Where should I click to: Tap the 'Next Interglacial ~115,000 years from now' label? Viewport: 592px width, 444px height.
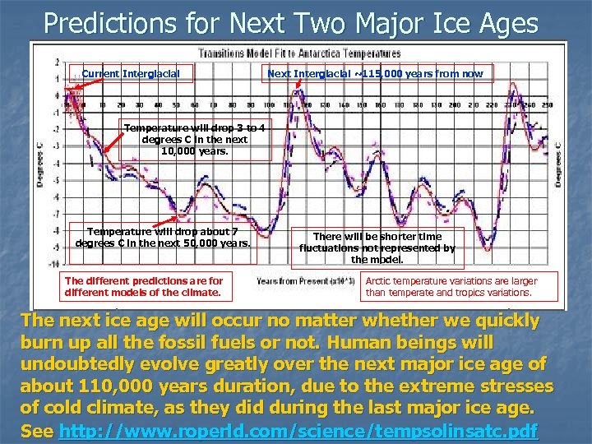pos(376,74)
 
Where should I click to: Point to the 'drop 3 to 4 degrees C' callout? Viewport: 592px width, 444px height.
pos(194,139)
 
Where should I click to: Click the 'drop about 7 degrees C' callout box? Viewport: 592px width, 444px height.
pos(163,237)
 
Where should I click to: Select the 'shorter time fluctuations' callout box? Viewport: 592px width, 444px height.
pos(377,247)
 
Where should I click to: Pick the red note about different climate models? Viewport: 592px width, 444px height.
pos(145,286)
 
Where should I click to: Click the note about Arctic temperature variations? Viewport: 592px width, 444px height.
pos(451,286)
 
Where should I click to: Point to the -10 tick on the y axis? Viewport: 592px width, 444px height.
pos(53,265)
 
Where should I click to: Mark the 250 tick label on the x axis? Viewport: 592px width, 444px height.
pos(547,105)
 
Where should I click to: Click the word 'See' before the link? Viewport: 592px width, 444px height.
pos(37,430)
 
